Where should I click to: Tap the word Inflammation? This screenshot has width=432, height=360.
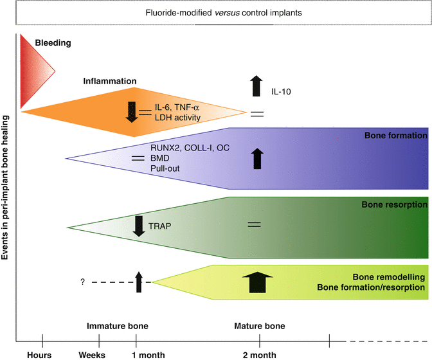109,82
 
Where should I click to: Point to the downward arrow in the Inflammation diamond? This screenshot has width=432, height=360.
131,111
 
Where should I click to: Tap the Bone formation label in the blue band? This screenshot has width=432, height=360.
395,136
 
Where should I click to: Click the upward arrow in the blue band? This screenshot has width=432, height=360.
258,158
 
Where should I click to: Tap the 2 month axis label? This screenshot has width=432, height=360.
260,354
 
